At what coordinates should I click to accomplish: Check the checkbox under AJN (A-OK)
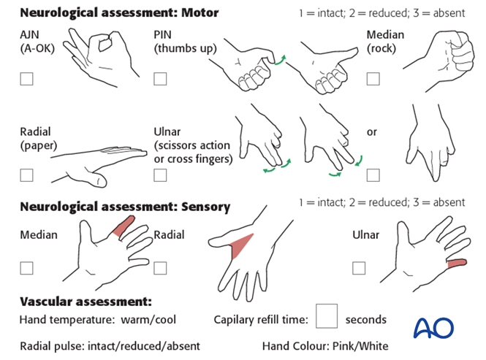(27, 79)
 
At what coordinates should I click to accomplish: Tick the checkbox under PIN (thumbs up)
(161, 79)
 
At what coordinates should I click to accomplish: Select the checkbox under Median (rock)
(373, 79)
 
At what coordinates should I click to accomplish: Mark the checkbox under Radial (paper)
(27, 175)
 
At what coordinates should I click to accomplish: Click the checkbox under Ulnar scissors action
(161, 175)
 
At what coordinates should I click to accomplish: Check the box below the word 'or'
(373, 175)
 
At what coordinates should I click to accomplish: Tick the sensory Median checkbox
(27, 268)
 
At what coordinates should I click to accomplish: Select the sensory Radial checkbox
(161, 268)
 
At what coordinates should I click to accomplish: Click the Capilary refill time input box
(327, 316)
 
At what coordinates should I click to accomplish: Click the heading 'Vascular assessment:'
(86, 302)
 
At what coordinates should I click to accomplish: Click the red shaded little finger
(457, 263)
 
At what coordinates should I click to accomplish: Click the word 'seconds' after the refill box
(365, 320)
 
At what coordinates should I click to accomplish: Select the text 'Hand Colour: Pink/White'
(325, 345)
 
